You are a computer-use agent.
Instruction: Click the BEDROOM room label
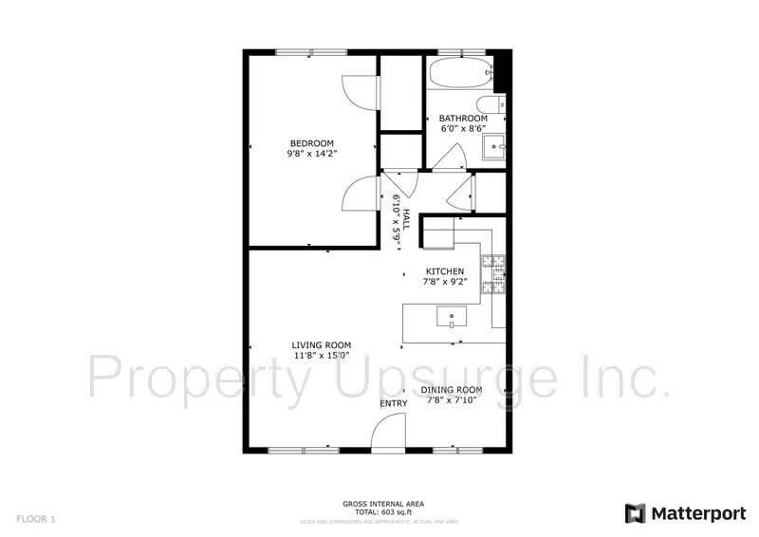pos(312,143)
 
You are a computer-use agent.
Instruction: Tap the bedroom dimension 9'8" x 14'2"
pos(312,154)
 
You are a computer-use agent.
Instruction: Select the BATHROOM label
pos(463,119)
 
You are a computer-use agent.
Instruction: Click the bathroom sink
pos(494,147)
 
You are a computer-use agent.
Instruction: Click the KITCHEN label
pos(444,271)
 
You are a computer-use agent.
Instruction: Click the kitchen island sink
pos(450,316)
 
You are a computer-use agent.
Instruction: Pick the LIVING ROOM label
pos(322,345)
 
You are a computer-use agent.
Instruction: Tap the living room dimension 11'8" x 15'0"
pos(322,357)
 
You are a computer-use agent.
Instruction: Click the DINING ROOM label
pos(452,390)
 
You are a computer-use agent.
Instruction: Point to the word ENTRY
pos(394,404)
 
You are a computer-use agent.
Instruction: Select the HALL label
pos(406,220)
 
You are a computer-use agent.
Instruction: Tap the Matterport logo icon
pos(635,513)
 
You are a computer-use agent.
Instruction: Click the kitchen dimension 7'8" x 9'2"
pos(445,282)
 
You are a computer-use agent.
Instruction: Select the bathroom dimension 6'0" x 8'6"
pos(463,129)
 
